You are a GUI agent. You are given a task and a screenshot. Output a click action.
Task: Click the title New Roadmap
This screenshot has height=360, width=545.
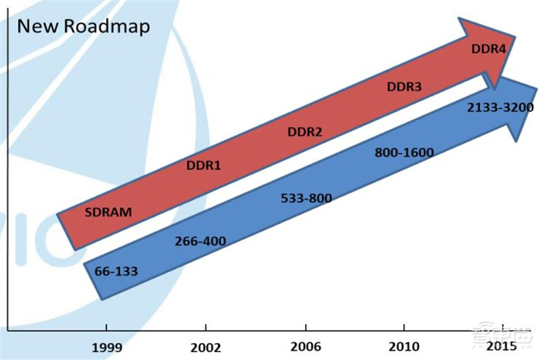(83, 27)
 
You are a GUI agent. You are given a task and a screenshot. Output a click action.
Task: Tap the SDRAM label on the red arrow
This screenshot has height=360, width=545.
(108, 211)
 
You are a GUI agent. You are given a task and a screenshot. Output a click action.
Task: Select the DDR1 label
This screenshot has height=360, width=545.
(204, 165)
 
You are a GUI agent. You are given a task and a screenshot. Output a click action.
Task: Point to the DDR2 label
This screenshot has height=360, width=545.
(305, 132)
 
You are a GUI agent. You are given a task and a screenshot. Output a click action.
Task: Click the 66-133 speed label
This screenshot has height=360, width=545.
(116, 271)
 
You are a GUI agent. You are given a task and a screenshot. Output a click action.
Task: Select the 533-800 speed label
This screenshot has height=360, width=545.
(306, 198)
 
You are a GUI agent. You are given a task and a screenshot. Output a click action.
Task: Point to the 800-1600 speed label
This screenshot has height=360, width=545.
(404, 153)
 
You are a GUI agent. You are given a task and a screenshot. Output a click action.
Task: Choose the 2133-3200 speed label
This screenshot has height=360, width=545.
(500, 108)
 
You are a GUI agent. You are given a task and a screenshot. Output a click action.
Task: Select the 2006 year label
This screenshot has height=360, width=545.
(305, 347)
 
